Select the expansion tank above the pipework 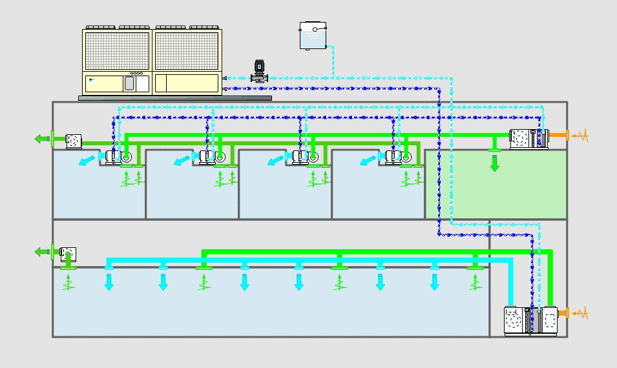[313, 36]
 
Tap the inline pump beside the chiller [259, 71]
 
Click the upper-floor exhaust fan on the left [72, 139]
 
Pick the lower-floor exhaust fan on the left [68, 254]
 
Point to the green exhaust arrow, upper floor [43, 138]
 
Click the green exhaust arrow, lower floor [43, 252]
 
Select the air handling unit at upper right [528, 139]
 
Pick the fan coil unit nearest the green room [396, 156]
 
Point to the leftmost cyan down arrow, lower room [109, 281]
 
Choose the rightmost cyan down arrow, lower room [435, 281]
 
